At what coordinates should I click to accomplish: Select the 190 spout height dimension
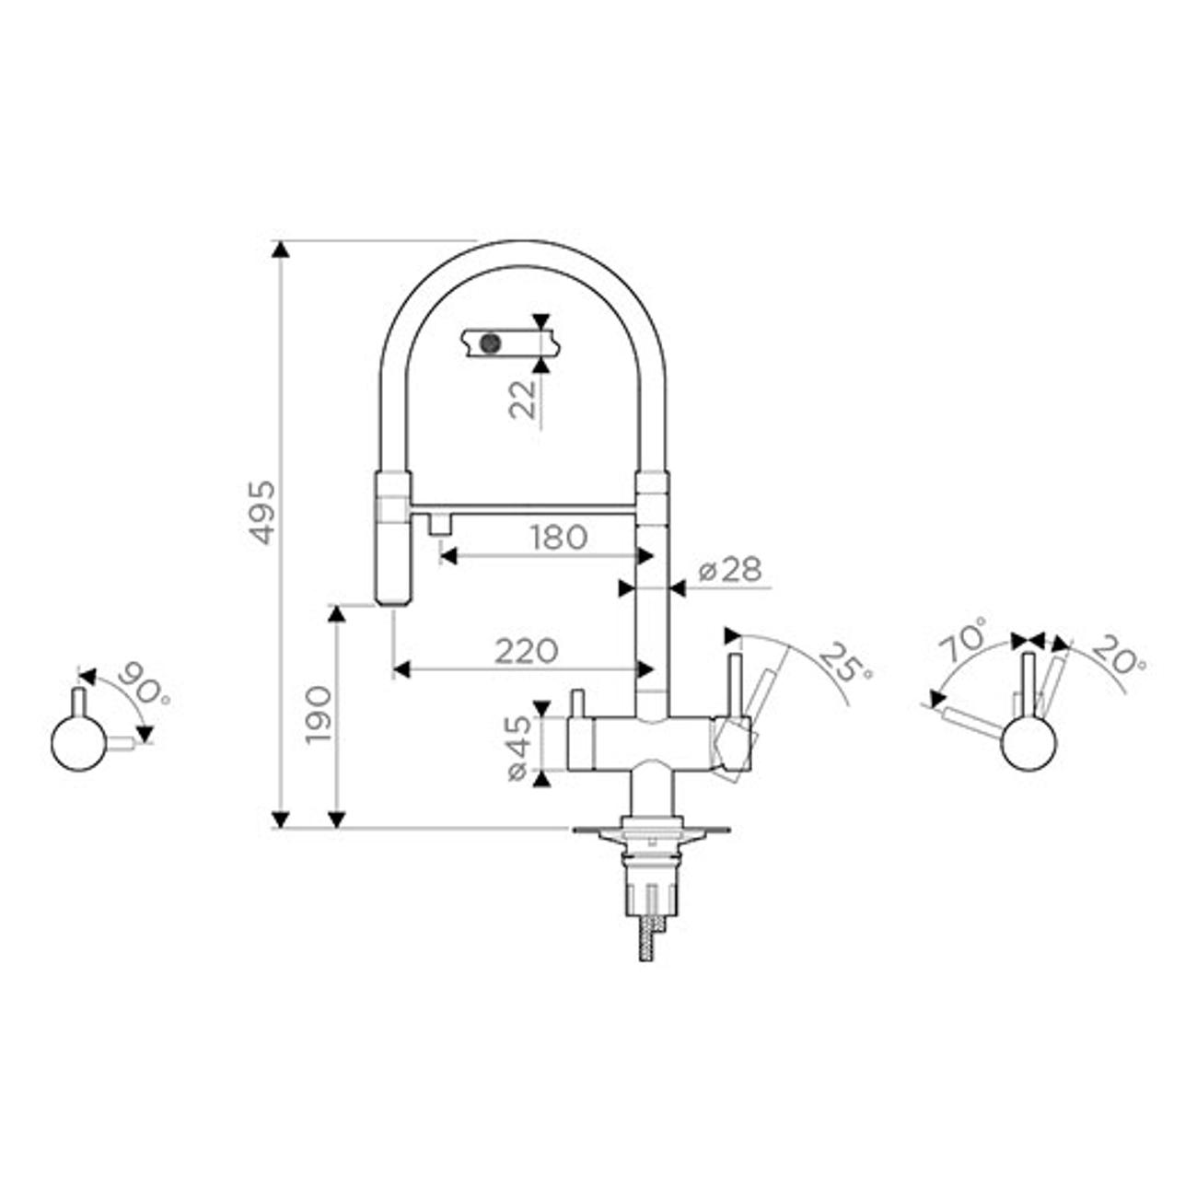[319, 715]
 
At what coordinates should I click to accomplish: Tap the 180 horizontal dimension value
[558, 538]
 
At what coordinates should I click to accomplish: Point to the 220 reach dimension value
[526, 652]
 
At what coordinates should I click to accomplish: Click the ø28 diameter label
[730, 569]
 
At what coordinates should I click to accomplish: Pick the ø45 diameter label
[518, 749]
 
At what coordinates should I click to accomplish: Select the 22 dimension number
[522, 400]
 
